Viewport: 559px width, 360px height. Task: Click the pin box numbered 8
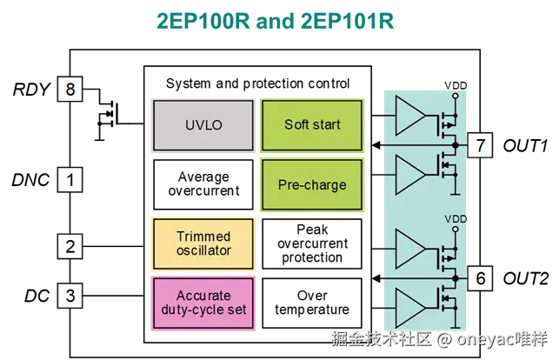pos(70,90)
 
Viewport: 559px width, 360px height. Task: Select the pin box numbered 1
pos(70,181)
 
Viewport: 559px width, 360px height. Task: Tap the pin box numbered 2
pos(70,246)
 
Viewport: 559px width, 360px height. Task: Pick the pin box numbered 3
pos(70,296)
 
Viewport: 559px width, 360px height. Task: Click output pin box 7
pos(479,145)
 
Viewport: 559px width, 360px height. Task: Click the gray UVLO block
pos(203,124)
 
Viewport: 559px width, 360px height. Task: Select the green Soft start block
pos(312,124)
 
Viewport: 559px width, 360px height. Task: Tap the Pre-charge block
pos(312,184)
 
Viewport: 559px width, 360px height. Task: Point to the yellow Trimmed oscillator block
pos(203,243)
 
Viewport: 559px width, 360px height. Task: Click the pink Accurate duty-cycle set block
pos(203,302)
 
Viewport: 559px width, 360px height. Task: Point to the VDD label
pos(456,218)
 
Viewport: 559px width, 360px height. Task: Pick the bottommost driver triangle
pos(409,306)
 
